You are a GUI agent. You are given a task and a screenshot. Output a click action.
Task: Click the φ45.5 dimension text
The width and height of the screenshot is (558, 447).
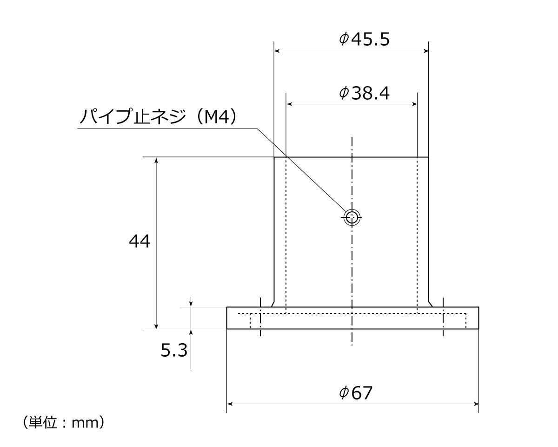coord(365,40)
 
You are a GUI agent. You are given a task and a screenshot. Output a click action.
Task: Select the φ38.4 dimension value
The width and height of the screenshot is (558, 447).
coord(365,94)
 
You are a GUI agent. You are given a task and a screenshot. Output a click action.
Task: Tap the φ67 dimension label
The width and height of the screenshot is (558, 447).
coord(356,393)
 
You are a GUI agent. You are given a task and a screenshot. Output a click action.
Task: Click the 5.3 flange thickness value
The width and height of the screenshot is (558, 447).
coord(174,350)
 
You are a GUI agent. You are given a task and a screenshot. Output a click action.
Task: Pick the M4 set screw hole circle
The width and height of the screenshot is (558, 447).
coord(352,217)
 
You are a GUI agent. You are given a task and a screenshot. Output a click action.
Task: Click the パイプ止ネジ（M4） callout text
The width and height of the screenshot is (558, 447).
coord(159,117)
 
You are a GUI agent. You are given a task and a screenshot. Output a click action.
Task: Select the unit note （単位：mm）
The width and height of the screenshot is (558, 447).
coord(63,423)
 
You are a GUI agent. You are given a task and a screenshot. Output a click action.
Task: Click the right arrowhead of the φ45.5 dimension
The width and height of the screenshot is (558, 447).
coord(425,51)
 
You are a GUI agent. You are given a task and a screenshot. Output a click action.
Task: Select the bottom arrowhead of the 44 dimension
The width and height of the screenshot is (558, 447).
coord(156,325)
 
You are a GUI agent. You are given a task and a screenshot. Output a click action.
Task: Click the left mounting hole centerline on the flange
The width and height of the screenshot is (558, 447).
coord(260,317)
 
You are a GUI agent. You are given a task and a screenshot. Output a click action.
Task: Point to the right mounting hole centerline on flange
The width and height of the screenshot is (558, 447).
coord(444,317)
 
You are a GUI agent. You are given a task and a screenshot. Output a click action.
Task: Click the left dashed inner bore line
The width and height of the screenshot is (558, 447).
coord(286,233)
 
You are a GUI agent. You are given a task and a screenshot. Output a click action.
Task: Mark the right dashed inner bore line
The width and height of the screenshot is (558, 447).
coord(417,233)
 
